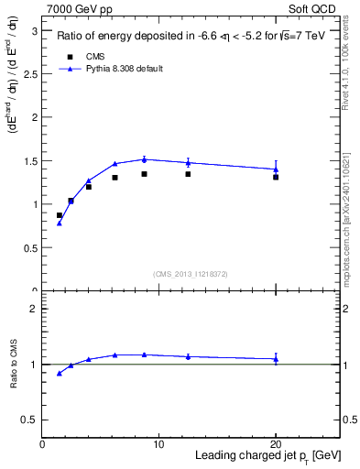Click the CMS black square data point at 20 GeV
(x=276, y=177)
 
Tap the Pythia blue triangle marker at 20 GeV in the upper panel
(x=276, y=169)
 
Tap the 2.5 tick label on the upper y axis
(x=33, y=73)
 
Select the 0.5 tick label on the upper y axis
(x=33, y=247)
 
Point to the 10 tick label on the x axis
(x=158, y=443)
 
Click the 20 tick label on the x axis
(x=276, y=443)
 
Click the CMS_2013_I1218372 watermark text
(x=190, y=273)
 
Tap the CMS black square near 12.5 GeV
(x=188, y=174)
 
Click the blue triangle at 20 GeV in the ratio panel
(x=276, y=359)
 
